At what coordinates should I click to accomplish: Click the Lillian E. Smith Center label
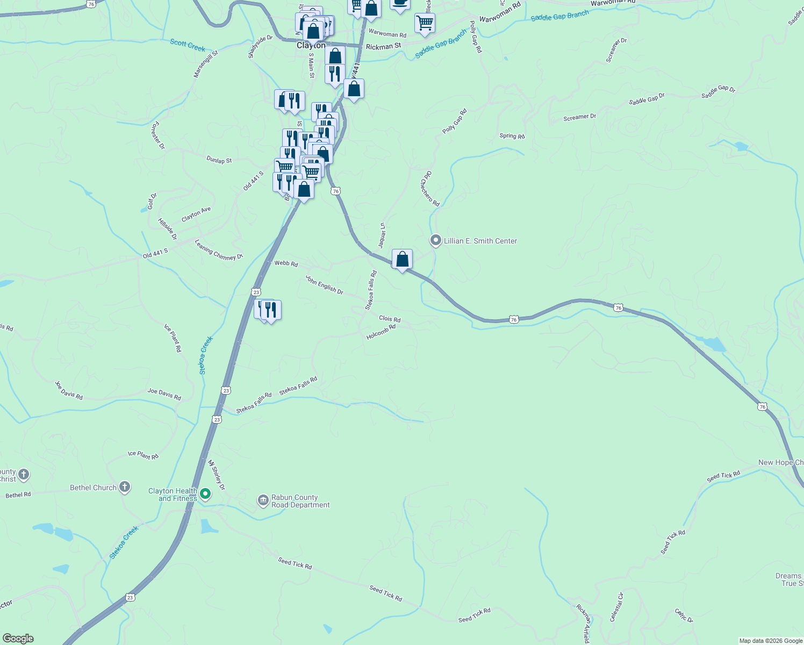[480, 241]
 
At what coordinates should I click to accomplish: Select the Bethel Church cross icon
[125, 488]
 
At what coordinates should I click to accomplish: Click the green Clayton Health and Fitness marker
[205, 493]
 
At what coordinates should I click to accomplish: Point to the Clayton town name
[311, 46]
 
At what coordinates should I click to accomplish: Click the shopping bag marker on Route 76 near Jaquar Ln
[402, 260]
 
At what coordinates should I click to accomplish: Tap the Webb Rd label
[286, 263]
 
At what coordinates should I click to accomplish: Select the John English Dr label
[324, 284]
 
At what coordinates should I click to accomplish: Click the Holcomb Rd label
[381, 332]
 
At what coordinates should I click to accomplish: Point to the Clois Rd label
[390, 319]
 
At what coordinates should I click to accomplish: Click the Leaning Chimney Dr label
[219, 250]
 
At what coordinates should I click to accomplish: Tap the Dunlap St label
[219, 160]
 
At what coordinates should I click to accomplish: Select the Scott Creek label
[188, 45]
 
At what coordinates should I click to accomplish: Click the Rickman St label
[383, 47]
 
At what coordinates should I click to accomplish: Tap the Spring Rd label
[512, 136]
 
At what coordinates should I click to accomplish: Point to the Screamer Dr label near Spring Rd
[579, 117]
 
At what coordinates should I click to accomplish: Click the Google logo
[18, 639]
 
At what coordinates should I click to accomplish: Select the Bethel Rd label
[18, 494]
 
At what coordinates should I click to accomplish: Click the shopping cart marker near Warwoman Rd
[425, 23]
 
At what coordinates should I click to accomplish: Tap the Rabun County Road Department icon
[263, 501]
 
